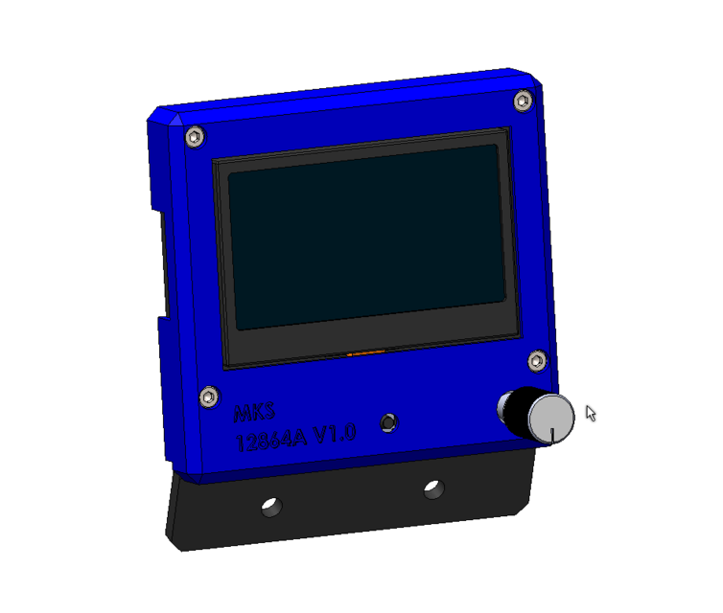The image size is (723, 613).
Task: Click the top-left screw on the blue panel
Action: pyautogui.click(x=195, y=137)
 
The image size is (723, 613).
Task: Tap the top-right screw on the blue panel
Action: pyautogui.click(x=523, y=101)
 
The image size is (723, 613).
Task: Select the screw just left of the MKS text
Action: pyautogui.click(x=208, y=397)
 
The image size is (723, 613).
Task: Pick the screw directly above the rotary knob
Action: pyautogui.click(x=537, y=360)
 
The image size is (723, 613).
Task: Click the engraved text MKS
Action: pyautogui.click(x=254, y=413)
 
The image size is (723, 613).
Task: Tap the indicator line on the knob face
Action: pyautogui.click(x=553, y=434)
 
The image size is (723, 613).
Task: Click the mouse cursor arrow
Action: pyautogui.click(x=590, y=413)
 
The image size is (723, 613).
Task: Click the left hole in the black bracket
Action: pyautogui.click(x=271, y=506)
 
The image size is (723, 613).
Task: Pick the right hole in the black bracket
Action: pyautogui.click(x=433, y=489)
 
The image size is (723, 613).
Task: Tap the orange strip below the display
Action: pyautogui.click(x=365, y=352)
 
